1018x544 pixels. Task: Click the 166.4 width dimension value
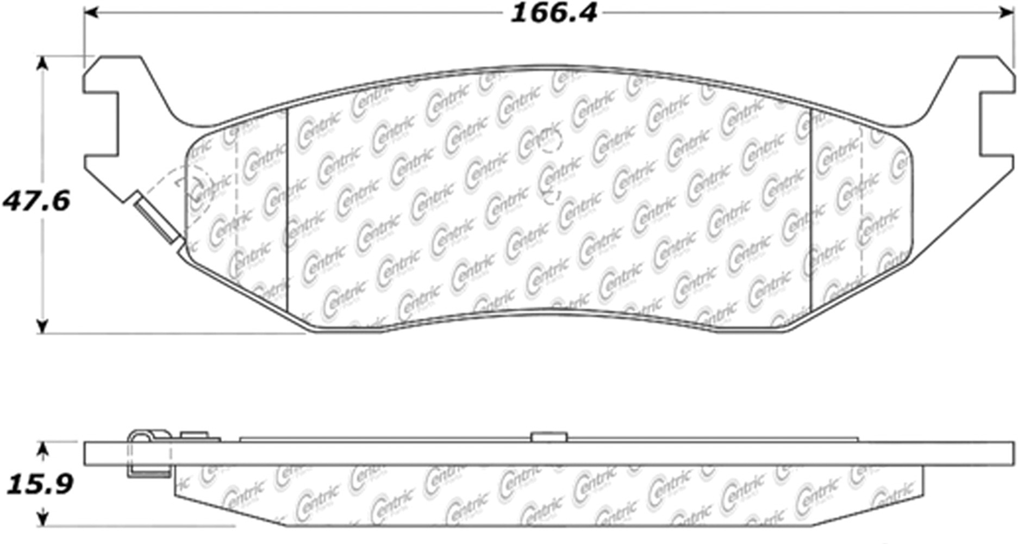pyautogui.click(x=553, y=13)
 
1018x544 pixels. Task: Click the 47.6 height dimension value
pyautogui.click(x=36, y=202)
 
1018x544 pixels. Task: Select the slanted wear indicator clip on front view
pyautogui.click(x=157, y=218)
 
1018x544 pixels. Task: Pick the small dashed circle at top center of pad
pyautogui.click(x=551, y=141)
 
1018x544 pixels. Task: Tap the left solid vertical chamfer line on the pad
pyautogui.click(x=286, y=212)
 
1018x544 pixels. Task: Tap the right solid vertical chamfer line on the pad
pyautogui.click(x=810, y=212)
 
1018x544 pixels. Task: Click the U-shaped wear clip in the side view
pyautogui.click(x=148, y=454)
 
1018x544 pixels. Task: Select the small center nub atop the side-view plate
pyautogui.click(x=549, y=437)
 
